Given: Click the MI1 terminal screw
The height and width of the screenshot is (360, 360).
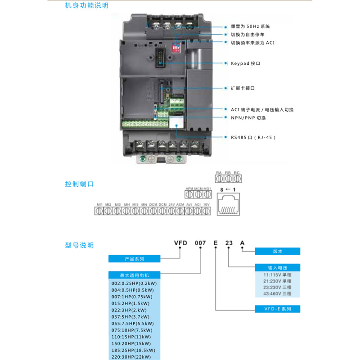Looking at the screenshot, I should (99, 212).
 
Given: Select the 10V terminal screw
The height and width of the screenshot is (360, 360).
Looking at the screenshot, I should (207, 212).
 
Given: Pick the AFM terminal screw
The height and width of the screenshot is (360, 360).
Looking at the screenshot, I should (189, 195).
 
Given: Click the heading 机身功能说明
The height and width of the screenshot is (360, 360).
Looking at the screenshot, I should (87, 6).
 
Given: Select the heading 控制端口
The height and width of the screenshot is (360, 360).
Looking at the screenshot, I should (79, 184).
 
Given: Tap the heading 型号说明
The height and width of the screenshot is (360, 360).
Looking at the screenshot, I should (79, 245).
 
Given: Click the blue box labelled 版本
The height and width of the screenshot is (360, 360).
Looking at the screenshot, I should (277, 251).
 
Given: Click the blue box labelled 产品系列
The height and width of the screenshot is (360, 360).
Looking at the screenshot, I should (134, 259).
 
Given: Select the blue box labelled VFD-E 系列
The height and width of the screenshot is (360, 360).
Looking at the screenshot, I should (277, 309).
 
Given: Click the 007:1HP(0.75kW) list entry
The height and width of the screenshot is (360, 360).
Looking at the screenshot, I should (132, 297).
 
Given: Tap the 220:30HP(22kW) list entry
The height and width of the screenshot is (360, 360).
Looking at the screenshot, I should (133, 357).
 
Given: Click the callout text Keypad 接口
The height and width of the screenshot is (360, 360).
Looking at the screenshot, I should (245, 63).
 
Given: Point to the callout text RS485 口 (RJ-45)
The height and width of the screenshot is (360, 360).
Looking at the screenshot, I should (253, 137).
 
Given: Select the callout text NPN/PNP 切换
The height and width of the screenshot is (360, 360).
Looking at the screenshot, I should (248, 118).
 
